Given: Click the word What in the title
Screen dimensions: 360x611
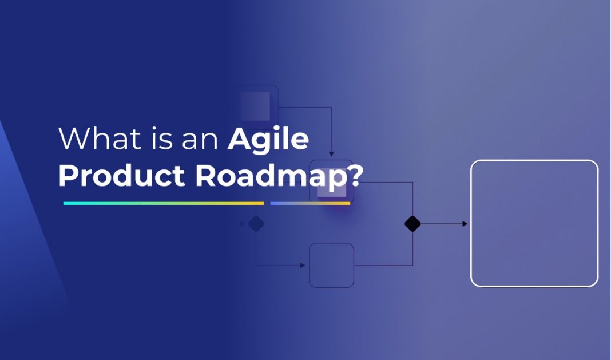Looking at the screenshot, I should click(94, 139).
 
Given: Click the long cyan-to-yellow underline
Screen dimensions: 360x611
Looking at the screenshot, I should click(163, 203).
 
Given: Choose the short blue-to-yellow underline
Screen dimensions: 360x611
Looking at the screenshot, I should click(310, 203).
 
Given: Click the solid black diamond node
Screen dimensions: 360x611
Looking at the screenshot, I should click(412, 224).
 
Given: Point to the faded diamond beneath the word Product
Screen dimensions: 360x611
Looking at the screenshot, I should click(256, 224).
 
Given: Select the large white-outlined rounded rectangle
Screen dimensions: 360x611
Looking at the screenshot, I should click(534, 223).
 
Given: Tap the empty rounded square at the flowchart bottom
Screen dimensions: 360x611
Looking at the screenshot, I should click(331, 265).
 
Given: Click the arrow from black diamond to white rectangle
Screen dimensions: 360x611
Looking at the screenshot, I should click(444, 224).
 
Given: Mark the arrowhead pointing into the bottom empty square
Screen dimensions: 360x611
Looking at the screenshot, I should click(303, 266).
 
